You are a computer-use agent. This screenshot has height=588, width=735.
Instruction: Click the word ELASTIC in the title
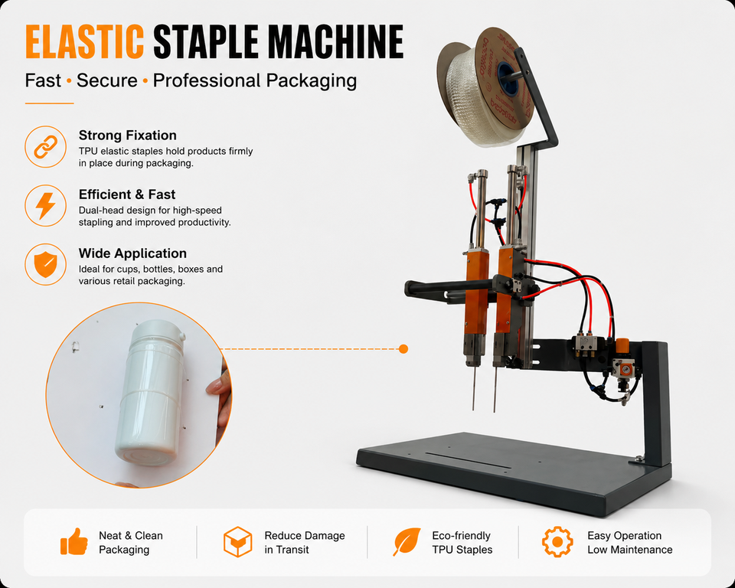84,41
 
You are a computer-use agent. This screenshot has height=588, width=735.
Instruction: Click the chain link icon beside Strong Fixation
45,147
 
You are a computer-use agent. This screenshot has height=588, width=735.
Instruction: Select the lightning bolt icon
45,206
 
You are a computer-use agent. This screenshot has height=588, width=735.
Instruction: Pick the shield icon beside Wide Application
45,265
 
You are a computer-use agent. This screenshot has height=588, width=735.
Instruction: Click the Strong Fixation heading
128,135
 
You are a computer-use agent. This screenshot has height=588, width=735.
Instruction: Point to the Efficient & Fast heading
127,194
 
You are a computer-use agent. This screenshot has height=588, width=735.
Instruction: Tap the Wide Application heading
132,253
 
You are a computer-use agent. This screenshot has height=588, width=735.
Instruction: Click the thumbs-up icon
74,541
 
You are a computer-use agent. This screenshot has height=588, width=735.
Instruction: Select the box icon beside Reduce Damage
237,541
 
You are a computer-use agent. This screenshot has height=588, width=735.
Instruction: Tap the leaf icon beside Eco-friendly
407,541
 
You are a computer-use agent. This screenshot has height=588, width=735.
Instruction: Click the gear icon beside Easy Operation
557,541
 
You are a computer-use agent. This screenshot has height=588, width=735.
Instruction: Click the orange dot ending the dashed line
403,349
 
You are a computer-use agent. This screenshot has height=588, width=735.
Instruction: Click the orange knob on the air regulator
622,346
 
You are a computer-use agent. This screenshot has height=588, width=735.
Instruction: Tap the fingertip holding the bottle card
214,387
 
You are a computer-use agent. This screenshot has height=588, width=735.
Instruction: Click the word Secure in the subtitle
107,80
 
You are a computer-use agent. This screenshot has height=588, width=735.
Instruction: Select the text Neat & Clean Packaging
131,543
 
